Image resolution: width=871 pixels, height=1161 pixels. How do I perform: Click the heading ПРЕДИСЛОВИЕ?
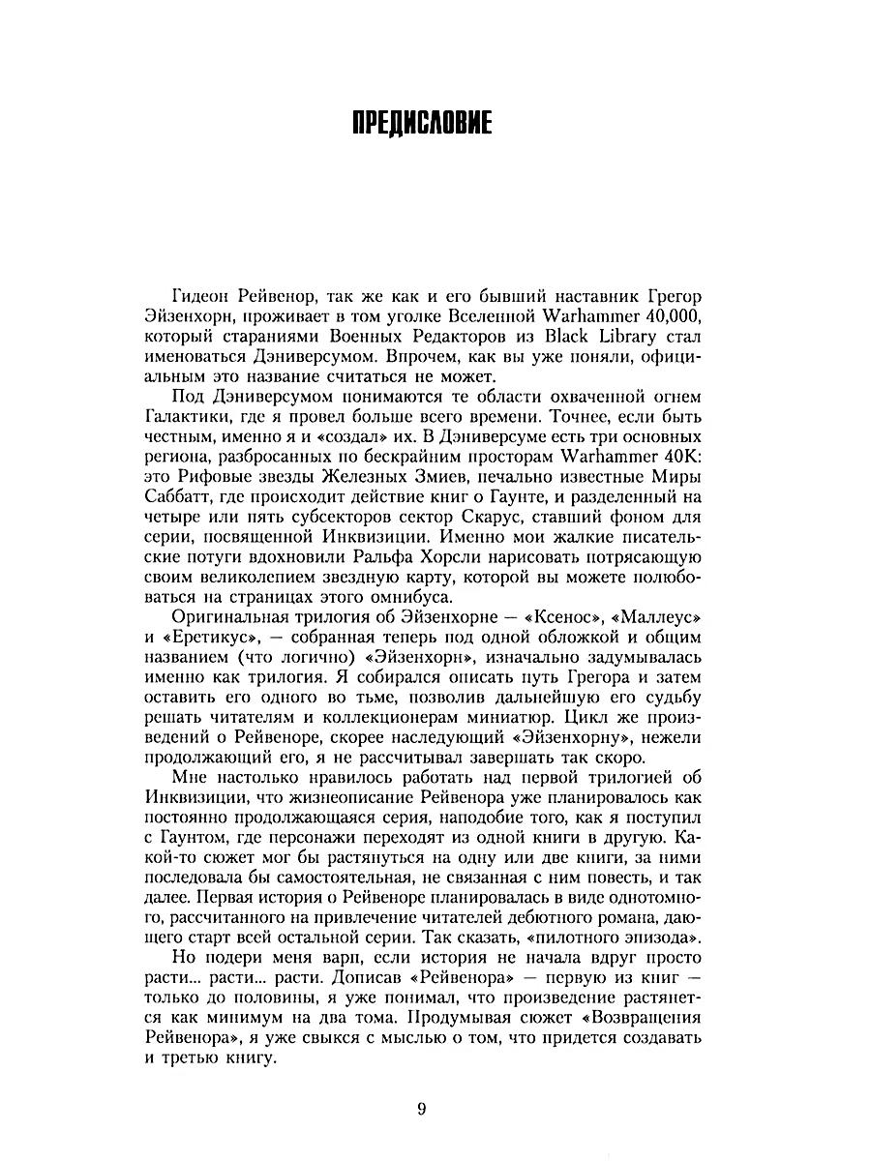click(422, 125)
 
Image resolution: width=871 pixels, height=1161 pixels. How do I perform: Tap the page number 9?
click(422, 1109)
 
